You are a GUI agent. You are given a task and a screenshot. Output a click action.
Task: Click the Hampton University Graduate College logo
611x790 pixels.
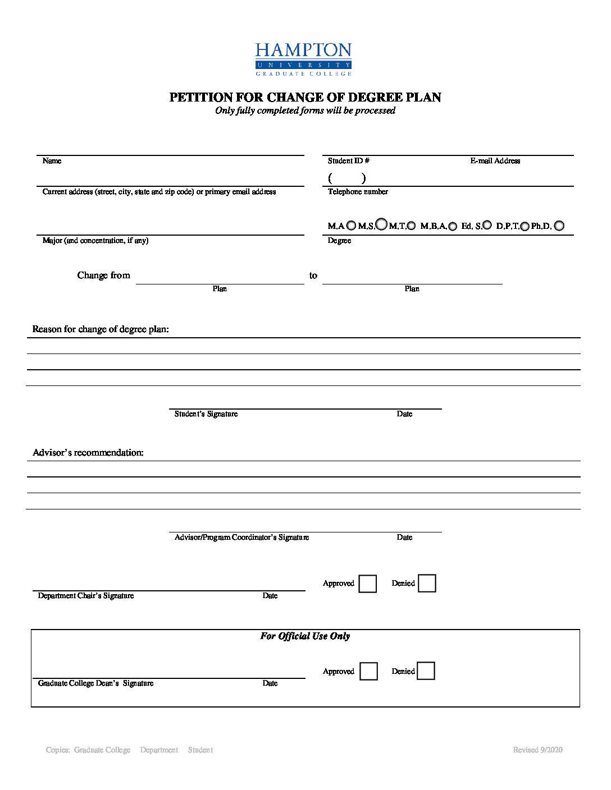(x=303, y=59)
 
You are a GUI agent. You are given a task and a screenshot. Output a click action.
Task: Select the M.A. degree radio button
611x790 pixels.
(x=351, y=226)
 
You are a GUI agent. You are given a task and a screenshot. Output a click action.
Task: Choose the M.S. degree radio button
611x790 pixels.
(x=381, y=224)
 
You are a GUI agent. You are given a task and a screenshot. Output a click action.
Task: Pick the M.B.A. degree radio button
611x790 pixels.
(x=453, y=226)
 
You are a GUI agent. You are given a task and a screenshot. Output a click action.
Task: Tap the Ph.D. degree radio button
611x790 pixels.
(x=559, y=226)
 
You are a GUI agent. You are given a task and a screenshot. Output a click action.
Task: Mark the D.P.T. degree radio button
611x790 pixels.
(x=525, y=226)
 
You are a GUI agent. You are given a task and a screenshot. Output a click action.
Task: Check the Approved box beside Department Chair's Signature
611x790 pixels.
(x=367, y=584)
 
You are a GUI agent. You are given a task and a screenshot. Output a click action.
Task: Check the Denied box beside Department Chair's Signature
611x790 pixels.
(x=427, y=583)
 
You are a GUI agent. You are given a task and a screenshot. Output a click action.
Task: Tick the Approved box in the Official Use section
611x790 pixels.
(x=368, y=671)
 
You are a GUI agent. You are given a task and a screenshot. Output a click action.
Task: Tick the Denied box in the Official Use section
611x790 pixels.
(x=426, y=670)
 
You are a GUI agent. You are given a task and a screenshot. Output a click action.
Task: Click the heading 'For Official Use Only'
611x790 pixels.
(x=305, y=636)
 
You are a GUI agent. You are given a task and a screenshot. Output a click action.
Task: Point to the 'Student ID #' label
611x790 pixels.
(x=349, y=161)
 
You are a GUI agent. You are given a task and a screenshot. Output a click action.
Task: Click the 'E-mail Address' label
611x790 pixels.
(x=495, y=161)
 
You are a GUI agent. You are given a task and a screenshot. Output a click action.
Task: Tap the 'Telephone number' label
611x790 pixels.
(x=358, y=192)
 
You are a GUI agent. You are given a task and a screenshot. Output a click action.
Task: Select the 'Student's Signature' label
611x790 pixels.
(x=206, y=414)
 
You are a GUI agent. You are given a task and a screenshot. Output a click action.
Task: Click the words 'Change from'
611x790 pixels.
(x=104, y=275)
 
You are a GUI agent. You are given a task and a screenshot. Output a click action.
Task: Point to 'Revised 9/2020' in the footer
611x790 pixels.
(x=537, y=750)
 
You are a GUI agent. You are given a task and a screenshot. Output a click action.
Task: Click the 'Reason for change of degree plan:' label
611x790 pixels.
(x=101, y=329)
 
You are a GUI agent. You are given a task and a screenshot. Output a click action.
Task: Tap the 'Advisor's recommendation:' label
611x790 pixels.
(x=88, y=453)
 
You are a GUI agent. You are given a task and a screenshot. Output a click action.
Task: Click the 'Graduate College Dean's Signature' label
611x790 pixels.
(x=95, y=683)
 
